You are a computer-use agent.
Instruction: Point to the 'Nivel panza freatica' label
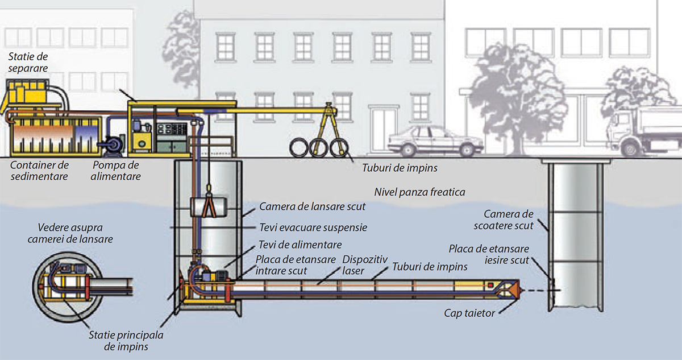pyautogui.click(x=419, y=192)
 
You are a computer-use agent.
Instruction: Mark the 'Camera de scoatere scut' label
pyautogui.click(x=509, y=220)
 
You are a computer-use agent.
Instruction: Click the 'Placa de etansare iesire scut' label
pyautogui.click(x=489, y=254)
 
